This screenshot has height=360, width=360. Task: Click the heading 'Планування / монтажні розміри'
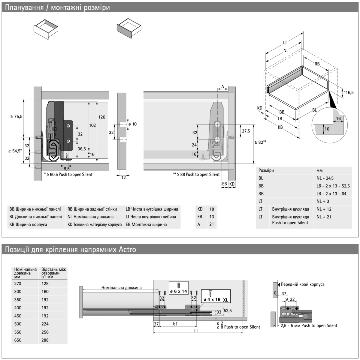pos(57,7)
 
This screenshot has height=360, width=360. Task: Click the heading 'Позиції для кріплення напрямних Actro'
pos(71,250)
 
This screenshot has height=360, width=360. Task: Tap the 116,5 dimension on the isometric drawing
pos(349,92)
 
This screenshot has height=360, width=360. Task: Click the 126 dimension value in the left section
pos(102,117)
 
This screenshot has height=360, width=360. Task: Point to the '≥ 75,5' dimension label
pos(17,116)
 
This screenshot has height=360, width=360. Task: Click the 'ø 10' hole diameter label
pos(132,124)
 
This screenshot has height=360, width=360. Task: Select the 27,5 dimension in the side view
pos(246,131)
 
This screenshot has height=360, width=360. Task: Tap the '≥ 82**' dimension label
pos(260,142)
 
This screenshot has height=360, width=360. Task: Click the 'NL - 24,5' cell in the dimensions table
pos(325,178)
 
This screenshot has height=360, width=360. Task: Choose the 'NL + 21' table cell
pos(324,217)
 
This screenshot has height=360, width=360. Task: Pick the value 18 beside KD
pos(212,209)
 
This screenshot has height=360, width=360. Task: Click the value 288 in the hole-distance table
pos(45,340)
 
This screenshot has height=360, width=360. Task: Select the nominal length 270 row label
pos(18,283)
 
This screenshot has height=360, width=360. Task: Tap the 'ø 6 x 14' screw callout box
pos(179,288)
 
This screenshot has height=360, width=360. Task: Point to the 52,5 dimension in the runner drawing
pos(228,311)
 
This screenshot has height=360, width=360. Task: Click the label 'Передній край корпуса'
pos(302,284)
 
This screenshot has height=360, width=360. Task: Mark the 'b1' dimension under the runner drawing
pos(175,324)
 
